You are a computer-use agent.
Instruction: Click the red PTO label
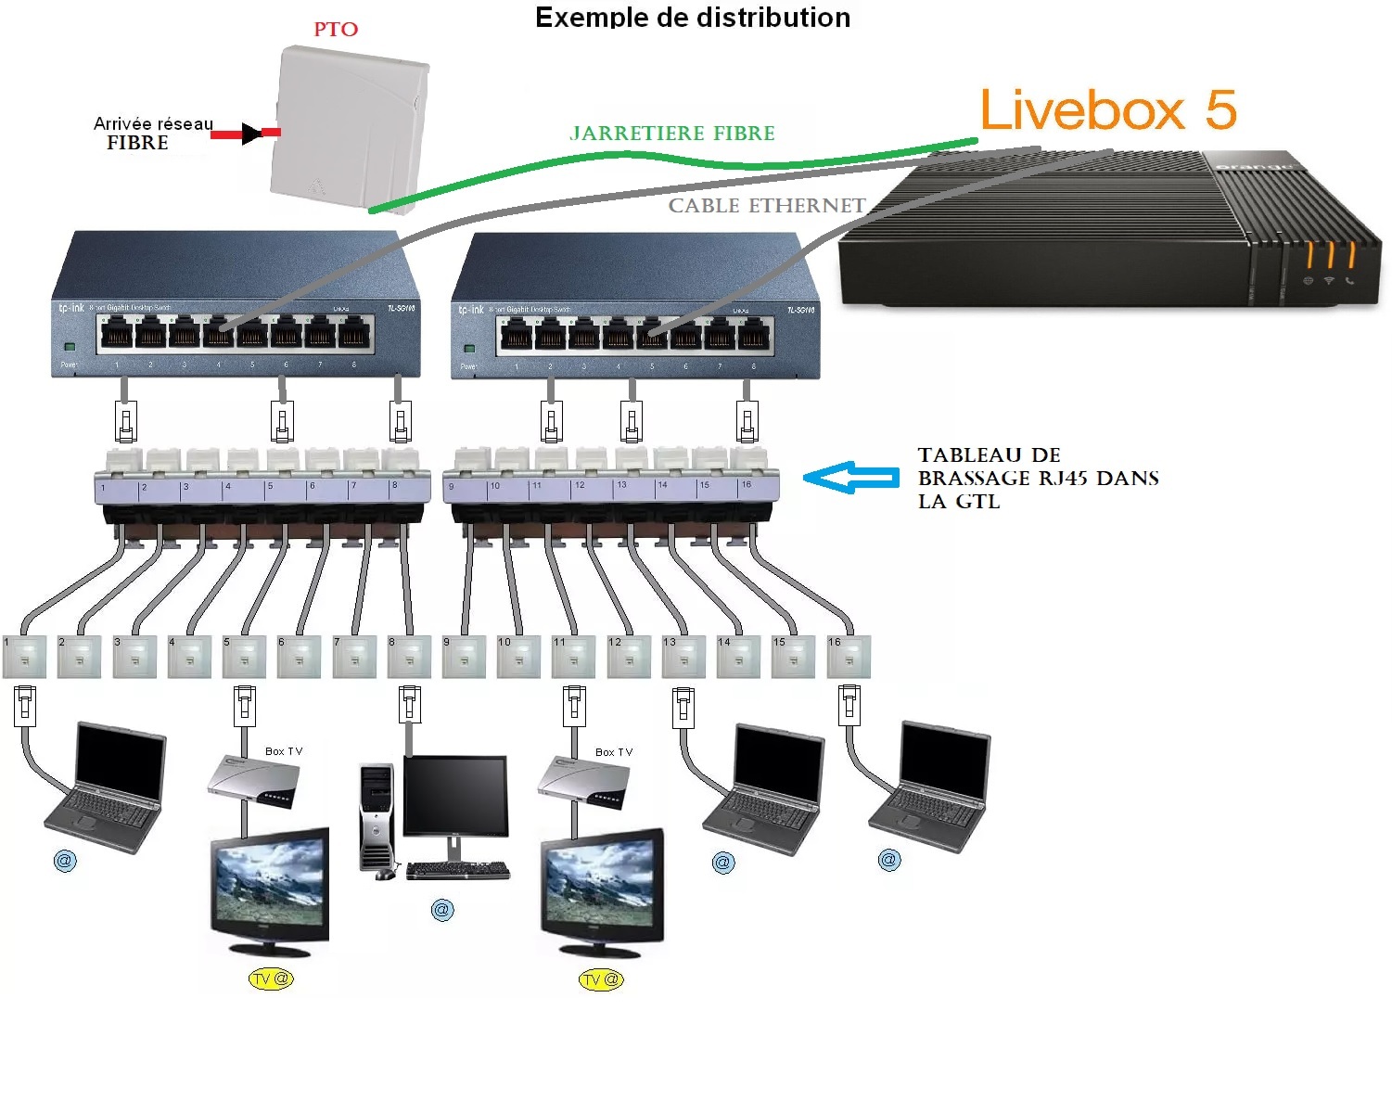point(336,30)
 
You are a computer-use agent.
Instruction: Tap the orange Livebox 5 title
point(1108,110)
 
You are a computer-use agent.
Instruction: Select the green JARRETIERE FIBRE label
point(672,134)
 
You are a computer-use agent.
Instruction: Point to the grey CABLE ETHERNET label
point(767,206)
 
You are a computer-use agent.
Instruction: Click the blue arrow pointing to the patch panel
point(849,478)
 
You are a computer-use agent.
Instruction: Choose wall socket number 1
point(25,657)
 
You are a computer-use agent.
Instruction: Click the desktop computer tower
point(377,816)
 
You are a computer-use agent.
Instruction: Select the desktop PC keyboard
point(457,870)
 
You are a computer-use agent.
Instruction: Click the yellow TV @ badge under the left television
point(270,979)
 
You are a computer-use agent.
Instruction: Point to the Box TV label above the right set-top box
point(613,752)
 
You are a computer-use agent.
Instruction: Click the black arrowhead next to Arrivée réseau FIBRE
point(251,134)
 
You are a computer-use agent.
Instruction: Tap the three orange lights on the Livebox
point(1330,255)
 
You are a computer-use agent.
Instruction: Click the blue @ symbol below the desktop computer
point(442,910)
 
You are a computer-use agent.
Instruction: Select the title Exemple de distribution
point(693,18)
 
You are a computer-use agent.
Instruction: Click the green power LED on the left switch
point(69,347)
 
